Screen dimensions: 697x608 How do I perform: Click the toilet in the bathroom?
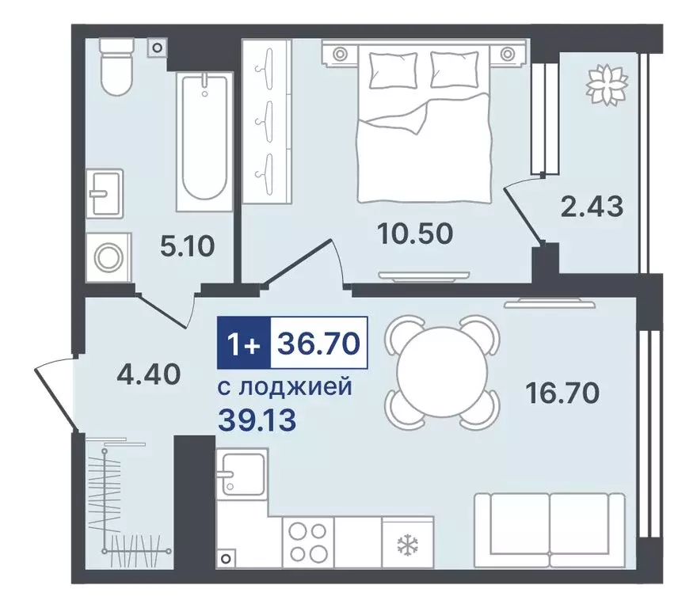coord(116,66)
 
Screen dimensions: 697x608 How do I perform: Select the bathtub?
coord(204,141)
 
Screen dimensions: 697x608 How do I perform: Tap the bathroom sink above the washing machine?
coord(105,193)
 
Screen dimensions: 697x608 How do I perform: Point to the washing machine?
coord(109,256)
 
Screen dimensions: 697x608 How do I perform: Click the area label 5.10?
coord(187,246)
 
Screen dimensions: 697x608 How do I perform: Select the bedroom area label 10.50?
coord(415,234)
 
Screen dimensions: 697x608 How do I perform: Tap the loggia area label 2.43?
coord(592,207)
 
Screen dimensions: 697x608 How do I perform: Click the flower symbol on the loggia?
coord(607,85)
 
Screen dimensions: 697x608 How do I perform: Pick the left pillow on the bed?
coord(393,70)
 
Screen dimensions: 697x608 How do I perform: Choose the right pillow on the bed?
coord(455,70)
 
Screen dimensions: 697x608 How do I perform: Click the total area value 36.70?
coord(318,343)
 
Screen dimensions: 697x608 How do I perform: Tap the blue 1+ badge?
coord(244,343)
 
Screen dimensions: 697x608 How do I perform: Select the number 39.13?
coord(257,420)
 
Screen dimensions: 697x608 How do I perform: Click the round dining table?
coord(442,372)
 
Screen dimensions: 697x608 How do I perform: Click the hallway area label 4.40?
coord(148,374)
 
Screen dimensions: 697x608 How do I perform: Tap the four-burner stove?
coord(307,541)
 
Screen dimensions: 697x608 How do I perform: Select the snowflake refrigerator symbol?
coord(405,545)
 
